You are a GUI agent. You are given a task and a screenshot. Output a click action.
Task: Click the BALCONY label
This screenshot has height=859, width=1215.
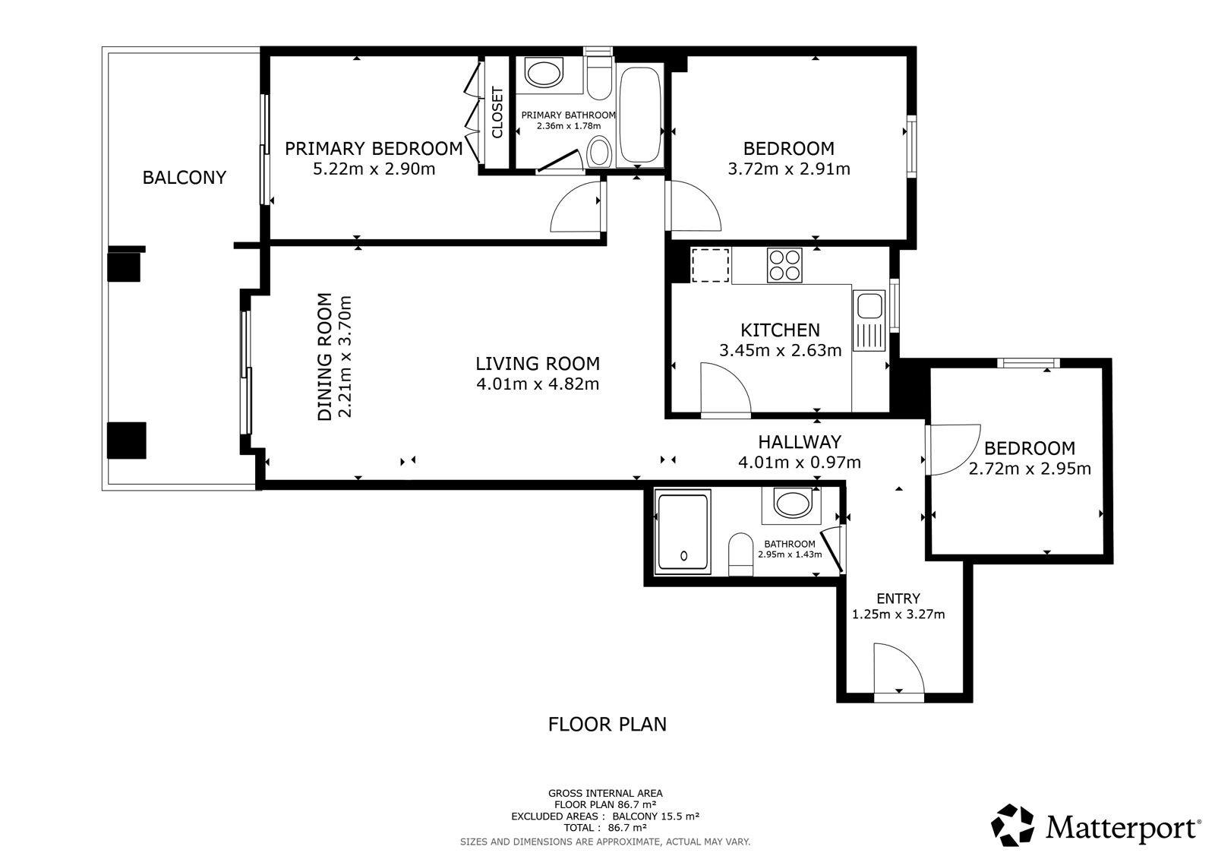pyautogui.click(x=184, y=178)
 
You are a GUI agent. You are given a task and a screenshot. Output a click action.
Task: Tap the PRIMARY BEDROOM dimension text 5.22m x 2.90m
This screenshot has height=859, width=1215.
pyautogui.click(x=374, y=169)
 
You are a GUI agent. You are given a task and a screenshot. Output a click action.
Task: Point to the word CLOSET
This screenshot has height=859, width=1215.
pyautogui.click(x=497, y=112)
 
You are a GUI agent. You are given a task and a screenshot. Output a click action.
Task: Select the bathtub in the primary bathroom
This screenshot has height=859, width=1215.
pyautogui.click(x=640, y=115)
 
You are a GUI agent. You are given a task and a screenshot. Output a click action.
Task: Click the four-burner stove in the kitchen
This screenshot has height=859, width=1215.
pyautogui.click(x=784, y=265)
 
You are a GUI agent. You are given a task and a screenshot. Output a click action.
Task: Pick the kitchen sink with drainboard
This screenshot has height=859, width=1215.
pyautogui.click(x=869, y=321)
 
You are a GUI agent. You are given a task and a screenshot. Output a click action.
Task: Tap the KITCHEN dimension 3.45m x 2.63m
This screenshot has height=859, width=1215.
pyautogui.click(x=780, y=351)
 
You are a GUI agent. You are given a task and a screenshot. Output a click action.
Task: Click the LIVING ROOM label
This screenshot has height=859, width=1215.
pyautogui.click(x=538, y=363)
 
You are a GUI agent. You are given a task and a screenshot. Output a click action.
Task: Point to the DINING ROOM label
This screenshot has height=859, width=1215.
pyautogui.click(x=324, y=356)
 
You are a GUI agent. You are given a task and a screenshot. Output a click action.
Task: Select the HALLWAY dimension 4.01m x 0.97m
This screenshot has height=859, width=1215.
pyautogui.click(x=799, y=463)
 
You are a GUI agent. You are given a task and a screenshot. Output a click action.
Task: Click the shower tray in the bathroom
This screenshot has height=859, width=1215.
pyautogui.click(x=683, y=532)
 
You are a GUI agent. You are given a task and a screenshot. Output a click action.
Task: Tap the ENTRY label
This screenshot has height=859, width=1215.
pyautogui.click(x=898, y=598)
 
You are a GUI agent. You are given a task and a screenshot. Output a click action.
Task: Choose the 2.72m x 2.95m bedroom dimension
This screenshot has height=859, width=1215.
pyautogui.click(x=1030, y=469)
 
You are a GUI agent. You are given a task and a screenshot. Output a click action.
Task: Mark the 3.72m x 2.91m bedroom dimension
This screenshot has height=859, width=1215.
pyautogui.click(x=789, y=169)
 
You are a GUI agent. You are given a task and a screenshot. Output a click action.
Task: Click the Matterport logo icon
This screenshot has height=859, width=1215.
pyautogui.click(x=1012, y=825)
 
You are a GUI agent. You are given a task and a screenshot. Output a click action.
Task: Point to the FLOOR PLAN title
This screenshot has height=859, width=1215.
pyautogui.click(x=607, y=725)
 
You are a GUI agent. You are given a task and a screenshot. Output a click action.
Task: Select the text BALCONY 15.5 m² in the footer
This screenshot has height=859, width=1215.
pyautogui.click(x=656, y=816)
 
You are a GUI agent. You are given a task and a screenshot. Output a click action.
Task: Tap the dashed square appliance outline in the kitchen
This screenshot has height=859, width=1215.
pyautogui.click(x=710, y=265)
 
